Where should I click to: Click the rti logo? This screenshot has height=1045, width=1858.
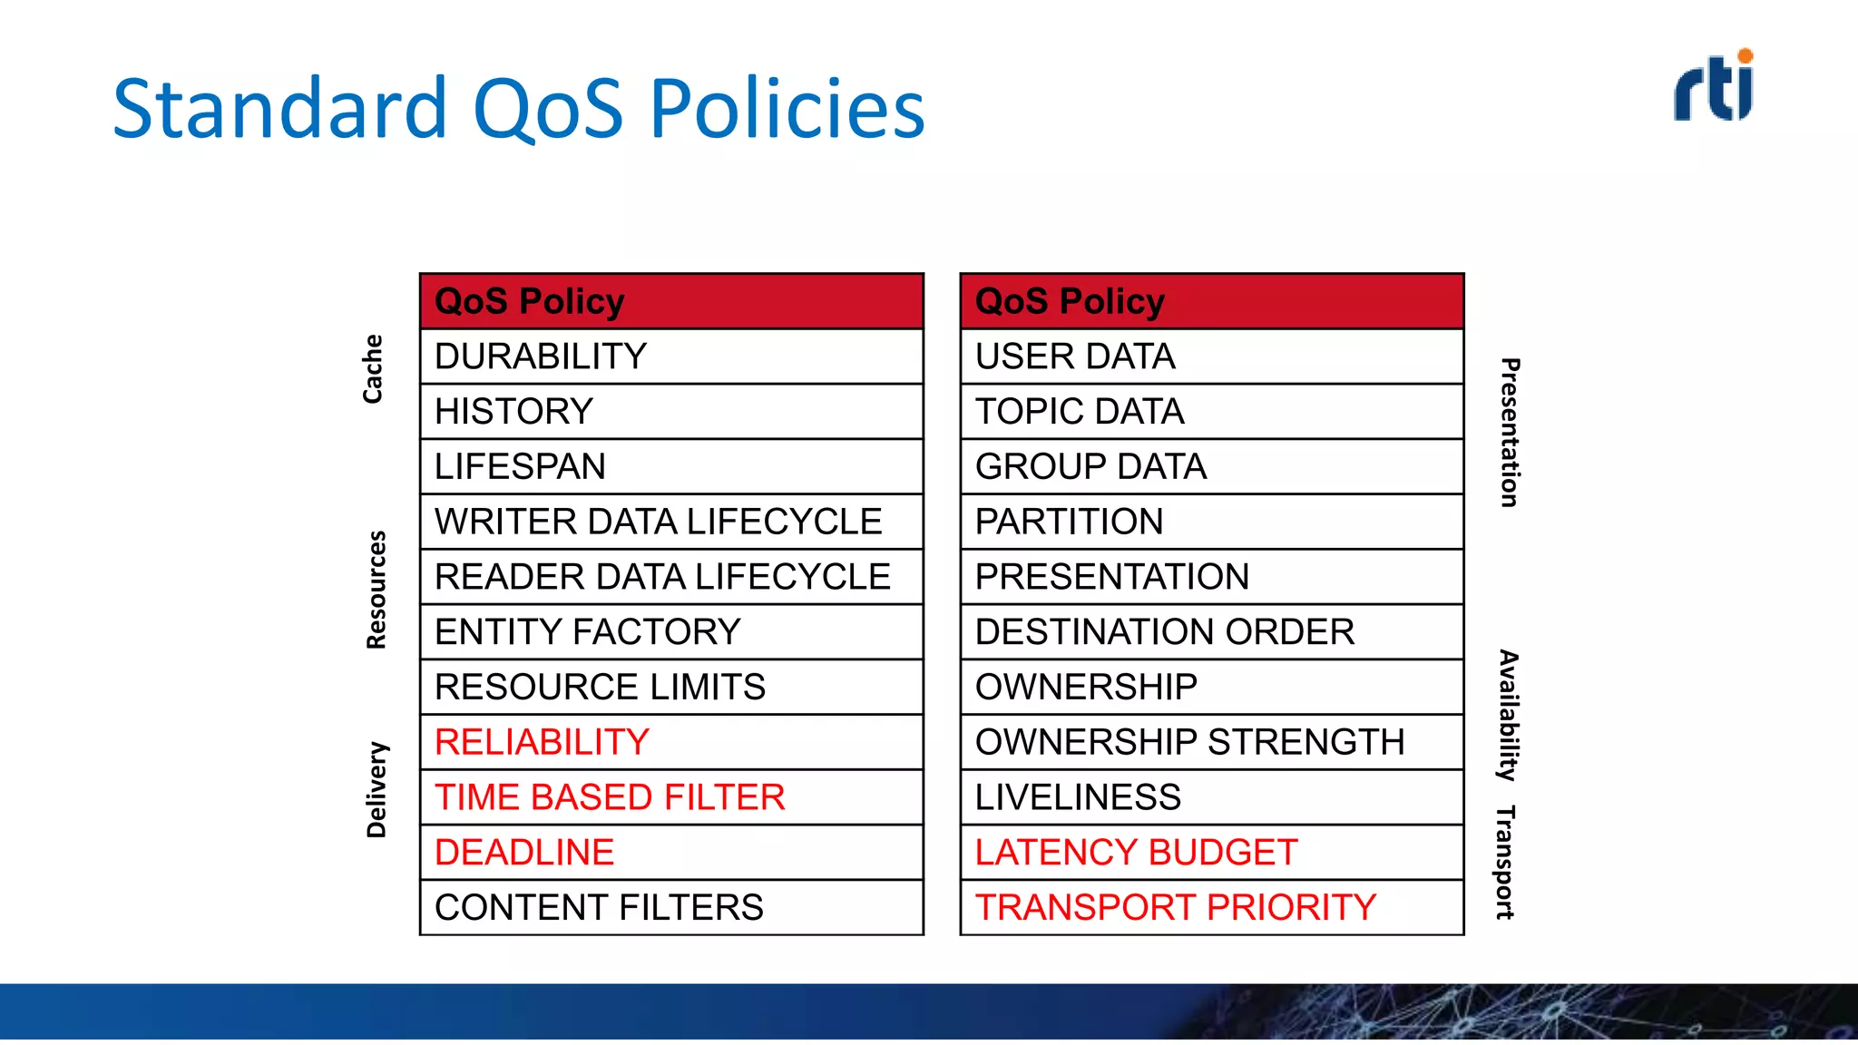[x=1714, y=86]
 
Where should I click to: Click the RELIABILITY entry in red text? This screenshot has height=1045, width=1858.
[x=542, y=742]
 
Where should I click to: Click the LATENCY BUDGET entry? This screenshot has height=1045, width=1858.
[x=1136, y=853]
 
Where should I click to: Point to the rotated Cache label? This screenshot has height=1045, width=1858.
[x=373, y=368]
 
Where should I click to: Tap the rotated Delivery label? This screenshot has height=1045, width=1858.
[x=376, y=789]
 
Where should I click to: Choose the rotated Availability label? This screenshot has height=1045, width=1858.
[x=1508, y=715]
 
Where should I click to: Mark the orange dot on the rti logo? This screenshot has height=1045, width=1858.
[x=1745, y=56]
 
